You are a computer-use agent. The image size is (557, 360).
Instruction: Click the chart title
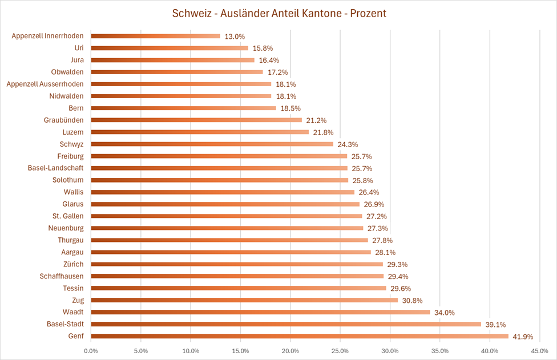pos(279,13)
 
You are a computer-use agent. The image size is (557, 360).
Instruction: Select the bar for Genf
pos(300,336)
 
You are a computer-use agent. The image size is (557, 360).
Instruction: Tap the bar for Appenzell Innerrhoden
pos(155,36)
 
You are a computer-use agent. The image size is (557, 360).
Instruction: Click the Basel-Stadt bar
pos(285,324)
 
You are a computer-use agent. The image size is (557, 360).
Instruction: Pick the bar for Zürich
pos(237,264)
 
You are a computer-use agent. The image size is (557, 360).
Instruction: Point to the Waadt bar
pos(260,312)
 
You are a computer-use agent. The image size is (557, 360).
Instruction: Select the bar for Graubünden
pos(196,120)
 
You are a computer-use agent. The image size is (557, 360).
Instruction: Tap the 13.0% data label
pos(235,37)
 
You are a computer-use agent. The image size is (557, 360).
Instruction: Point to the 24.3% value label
pos(348,144)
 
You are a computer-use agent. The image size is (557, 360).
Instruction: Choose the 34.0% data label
pos(444,313)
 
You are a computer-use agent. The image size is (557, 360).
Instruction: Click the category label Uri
pos(79,48)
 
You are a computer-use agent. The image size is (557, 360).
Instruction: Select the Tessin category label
pos(74,288)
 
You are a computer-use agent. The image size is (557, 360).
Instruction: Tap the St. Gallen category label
pos(67,216)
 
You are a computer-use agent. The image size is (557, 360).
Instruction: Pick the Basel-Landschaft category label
pos(55,168)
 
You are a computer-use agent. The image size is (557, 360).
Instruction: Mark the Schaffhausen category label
pos(62,276)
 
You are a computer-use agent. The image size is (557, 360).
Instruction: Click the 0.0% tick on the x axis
pos(91,350)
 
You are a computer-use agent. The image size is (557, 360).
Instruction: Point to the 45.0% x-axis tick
pos(539,350)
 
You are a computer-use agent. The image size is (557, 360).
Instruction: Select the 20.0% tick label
pos(290,350)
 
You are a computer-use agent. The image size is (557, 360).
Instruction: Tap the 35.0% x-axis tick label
pos(440,350)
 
